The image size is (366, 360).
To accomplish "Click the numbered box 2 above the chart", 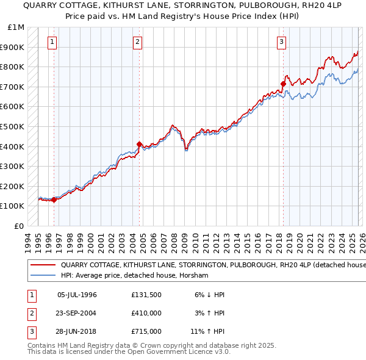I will (x=138, y=42).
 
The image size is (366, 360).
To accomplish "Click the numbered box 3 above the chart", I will (x=281, y=42).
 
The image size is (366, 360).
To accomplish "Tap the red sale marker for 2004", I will (x=140, y=145).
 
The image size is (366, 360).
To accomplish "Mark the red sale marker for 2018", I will (x=283, y=84).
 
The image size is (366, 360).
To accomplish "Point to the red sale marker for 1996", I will (x=54, y=200).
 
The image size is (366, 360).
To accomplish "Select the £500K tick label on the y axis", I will (x=12, y=126).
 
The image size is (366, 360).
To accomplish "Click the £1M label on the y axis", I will (x=16, y=27).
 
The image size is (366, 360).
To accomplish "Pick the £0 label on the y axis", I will (x=18, y=226).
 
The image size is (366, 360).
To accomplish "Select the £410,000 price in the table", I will (x=146, y=313).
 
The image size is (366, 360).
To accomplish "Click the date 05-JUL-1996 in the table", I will (x=77, y=295).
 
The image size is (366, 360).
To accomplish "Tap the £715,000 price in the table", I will (x=146, y=331).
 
